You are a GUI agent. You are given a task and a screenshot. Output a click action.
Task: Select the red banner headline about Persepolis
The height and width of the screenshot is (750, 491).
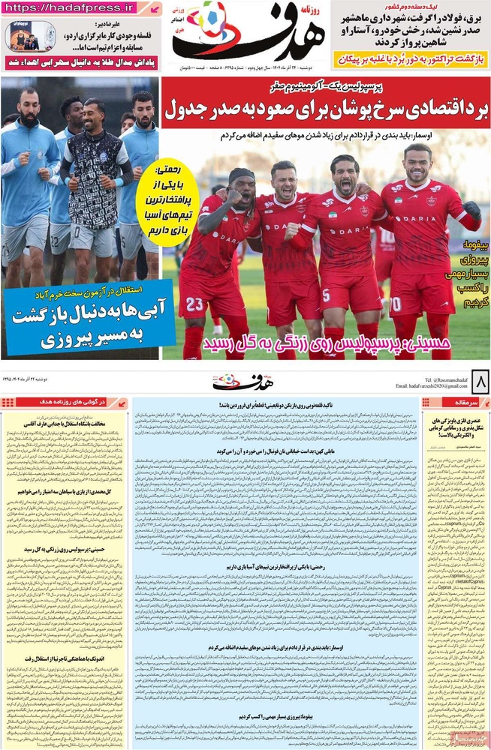click(x=325, y=109)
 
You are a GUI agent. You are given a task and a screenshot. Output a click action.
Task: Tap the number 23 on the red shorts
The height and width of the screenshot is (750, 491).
click(x=194, y=304)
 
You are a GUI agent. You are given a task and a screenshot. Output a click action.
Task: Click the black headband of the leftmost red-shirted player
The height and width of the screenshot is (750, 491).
click(x=242, y=176)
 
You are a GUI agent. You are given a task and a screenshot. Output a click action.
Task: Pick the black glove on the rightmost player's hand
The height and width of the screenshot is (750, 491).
click(x=471, y=210)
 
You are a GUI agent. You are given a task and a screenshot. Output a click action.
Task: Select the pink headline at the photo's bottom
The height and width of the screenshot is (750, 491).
click(x=325, y=343)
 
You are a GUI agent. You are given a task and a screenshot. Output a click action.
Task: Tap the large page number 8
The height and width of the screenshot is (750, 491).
click(x=476, y=383)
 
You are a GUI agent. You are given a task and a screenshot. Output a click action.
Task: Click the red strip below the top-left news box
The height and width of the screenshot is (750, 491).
click(x=80, y=64)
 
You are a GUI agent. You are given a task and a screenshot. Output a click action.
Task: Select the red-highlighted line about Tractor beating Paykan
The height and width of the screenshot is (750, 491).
click(x=409, y=58)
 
